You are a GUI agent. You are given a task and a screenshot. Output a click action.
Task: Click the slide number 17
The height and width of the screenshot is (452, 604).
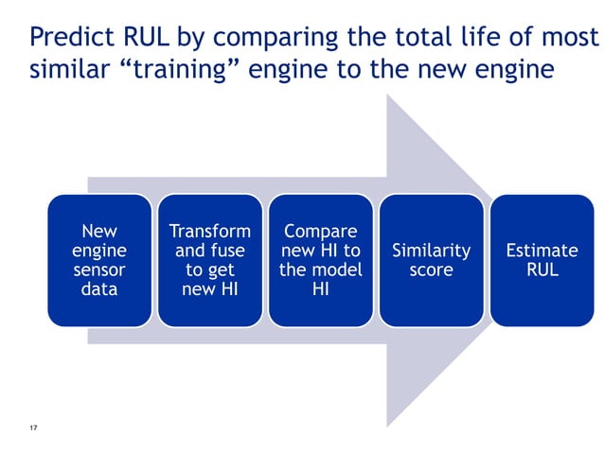[x=33, y=430]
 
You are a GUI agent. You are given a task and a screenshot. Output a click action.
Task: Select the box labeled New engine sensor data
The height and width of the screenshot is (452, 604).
[x=99, y=260]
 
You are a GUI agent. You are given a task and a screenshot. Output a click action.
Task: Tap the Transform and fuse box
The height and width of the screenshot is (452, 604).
[x=210, y=260]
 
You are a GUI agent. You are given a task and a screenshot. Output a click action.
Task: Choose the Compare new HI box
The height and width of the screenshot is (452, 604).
[x=321, y=260]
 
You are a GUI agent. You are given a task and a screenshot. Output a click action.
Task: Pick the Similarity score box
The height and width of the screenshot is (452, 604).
[x=432, y=260]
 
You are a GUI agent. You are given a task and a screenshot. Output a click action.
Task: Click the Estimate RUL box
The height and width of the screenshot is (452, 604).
[x=542, y=260]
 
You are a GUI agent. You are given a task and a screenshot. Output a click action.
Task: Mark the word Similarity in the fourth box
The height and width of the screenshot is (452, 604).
[x=432, y=251]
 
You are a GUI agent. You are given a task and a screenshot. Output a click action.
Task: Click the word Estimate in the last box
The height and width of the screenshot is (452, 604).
[x=542, y=251]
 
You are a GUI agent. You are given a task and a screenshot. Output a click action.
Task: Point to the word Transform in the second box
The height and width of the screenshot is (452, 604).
[x=210, y=231]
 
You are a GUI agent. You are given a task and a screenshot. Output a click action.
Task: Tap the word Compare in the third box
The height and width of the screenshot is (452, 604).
[x=321, y=231]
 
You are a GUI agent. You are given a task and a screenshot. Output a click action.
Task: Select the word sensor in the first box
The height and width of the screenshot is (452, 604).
[x=99, y=270]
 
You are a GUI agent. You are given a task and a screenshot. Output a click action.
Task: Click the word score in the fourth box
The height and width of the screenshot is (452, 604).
[x=432, y=270]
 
